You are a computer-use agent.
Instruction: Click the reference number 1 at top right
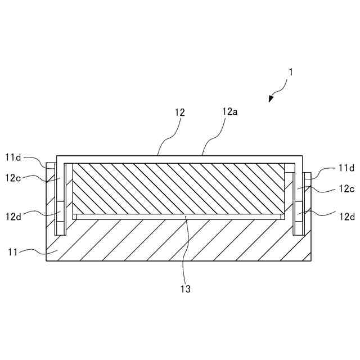pos(290,72)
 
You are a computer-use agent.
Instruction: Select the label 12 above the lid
pos(180,112)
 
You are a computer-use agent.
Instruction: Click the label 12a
pos(229,112)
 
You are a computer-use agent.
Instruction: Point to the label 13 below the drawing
pos(185,289)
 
